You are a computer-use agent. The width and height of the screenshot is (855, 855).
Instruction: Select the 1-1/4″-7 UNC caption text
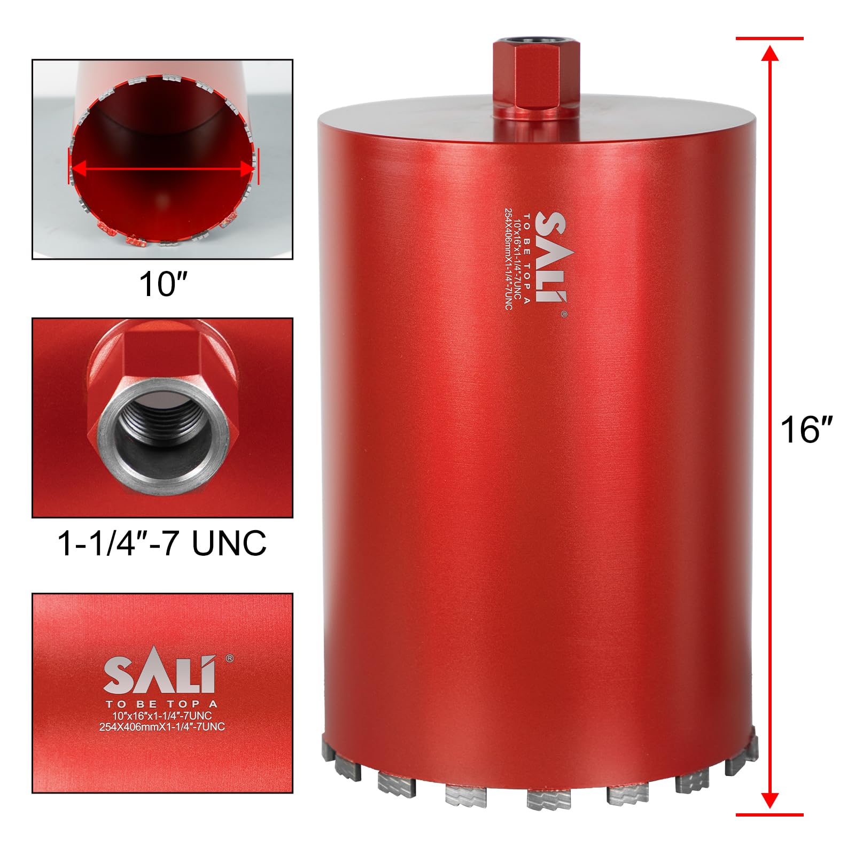coord(162,543)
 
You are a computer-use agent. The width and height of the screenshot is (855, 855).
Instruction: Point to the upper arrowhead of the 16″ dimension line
coord(770,53)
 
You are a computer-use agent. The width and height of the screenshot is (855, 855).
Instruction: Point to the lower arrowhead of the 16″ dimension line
coord(770,800)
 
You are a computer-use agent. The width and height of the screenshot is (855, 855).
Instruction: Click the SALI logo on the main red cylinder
coord(550,257)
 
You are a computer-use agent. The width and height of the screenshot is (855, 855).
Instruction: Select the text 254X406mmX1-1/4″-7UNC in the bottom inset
coord(162,727)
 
